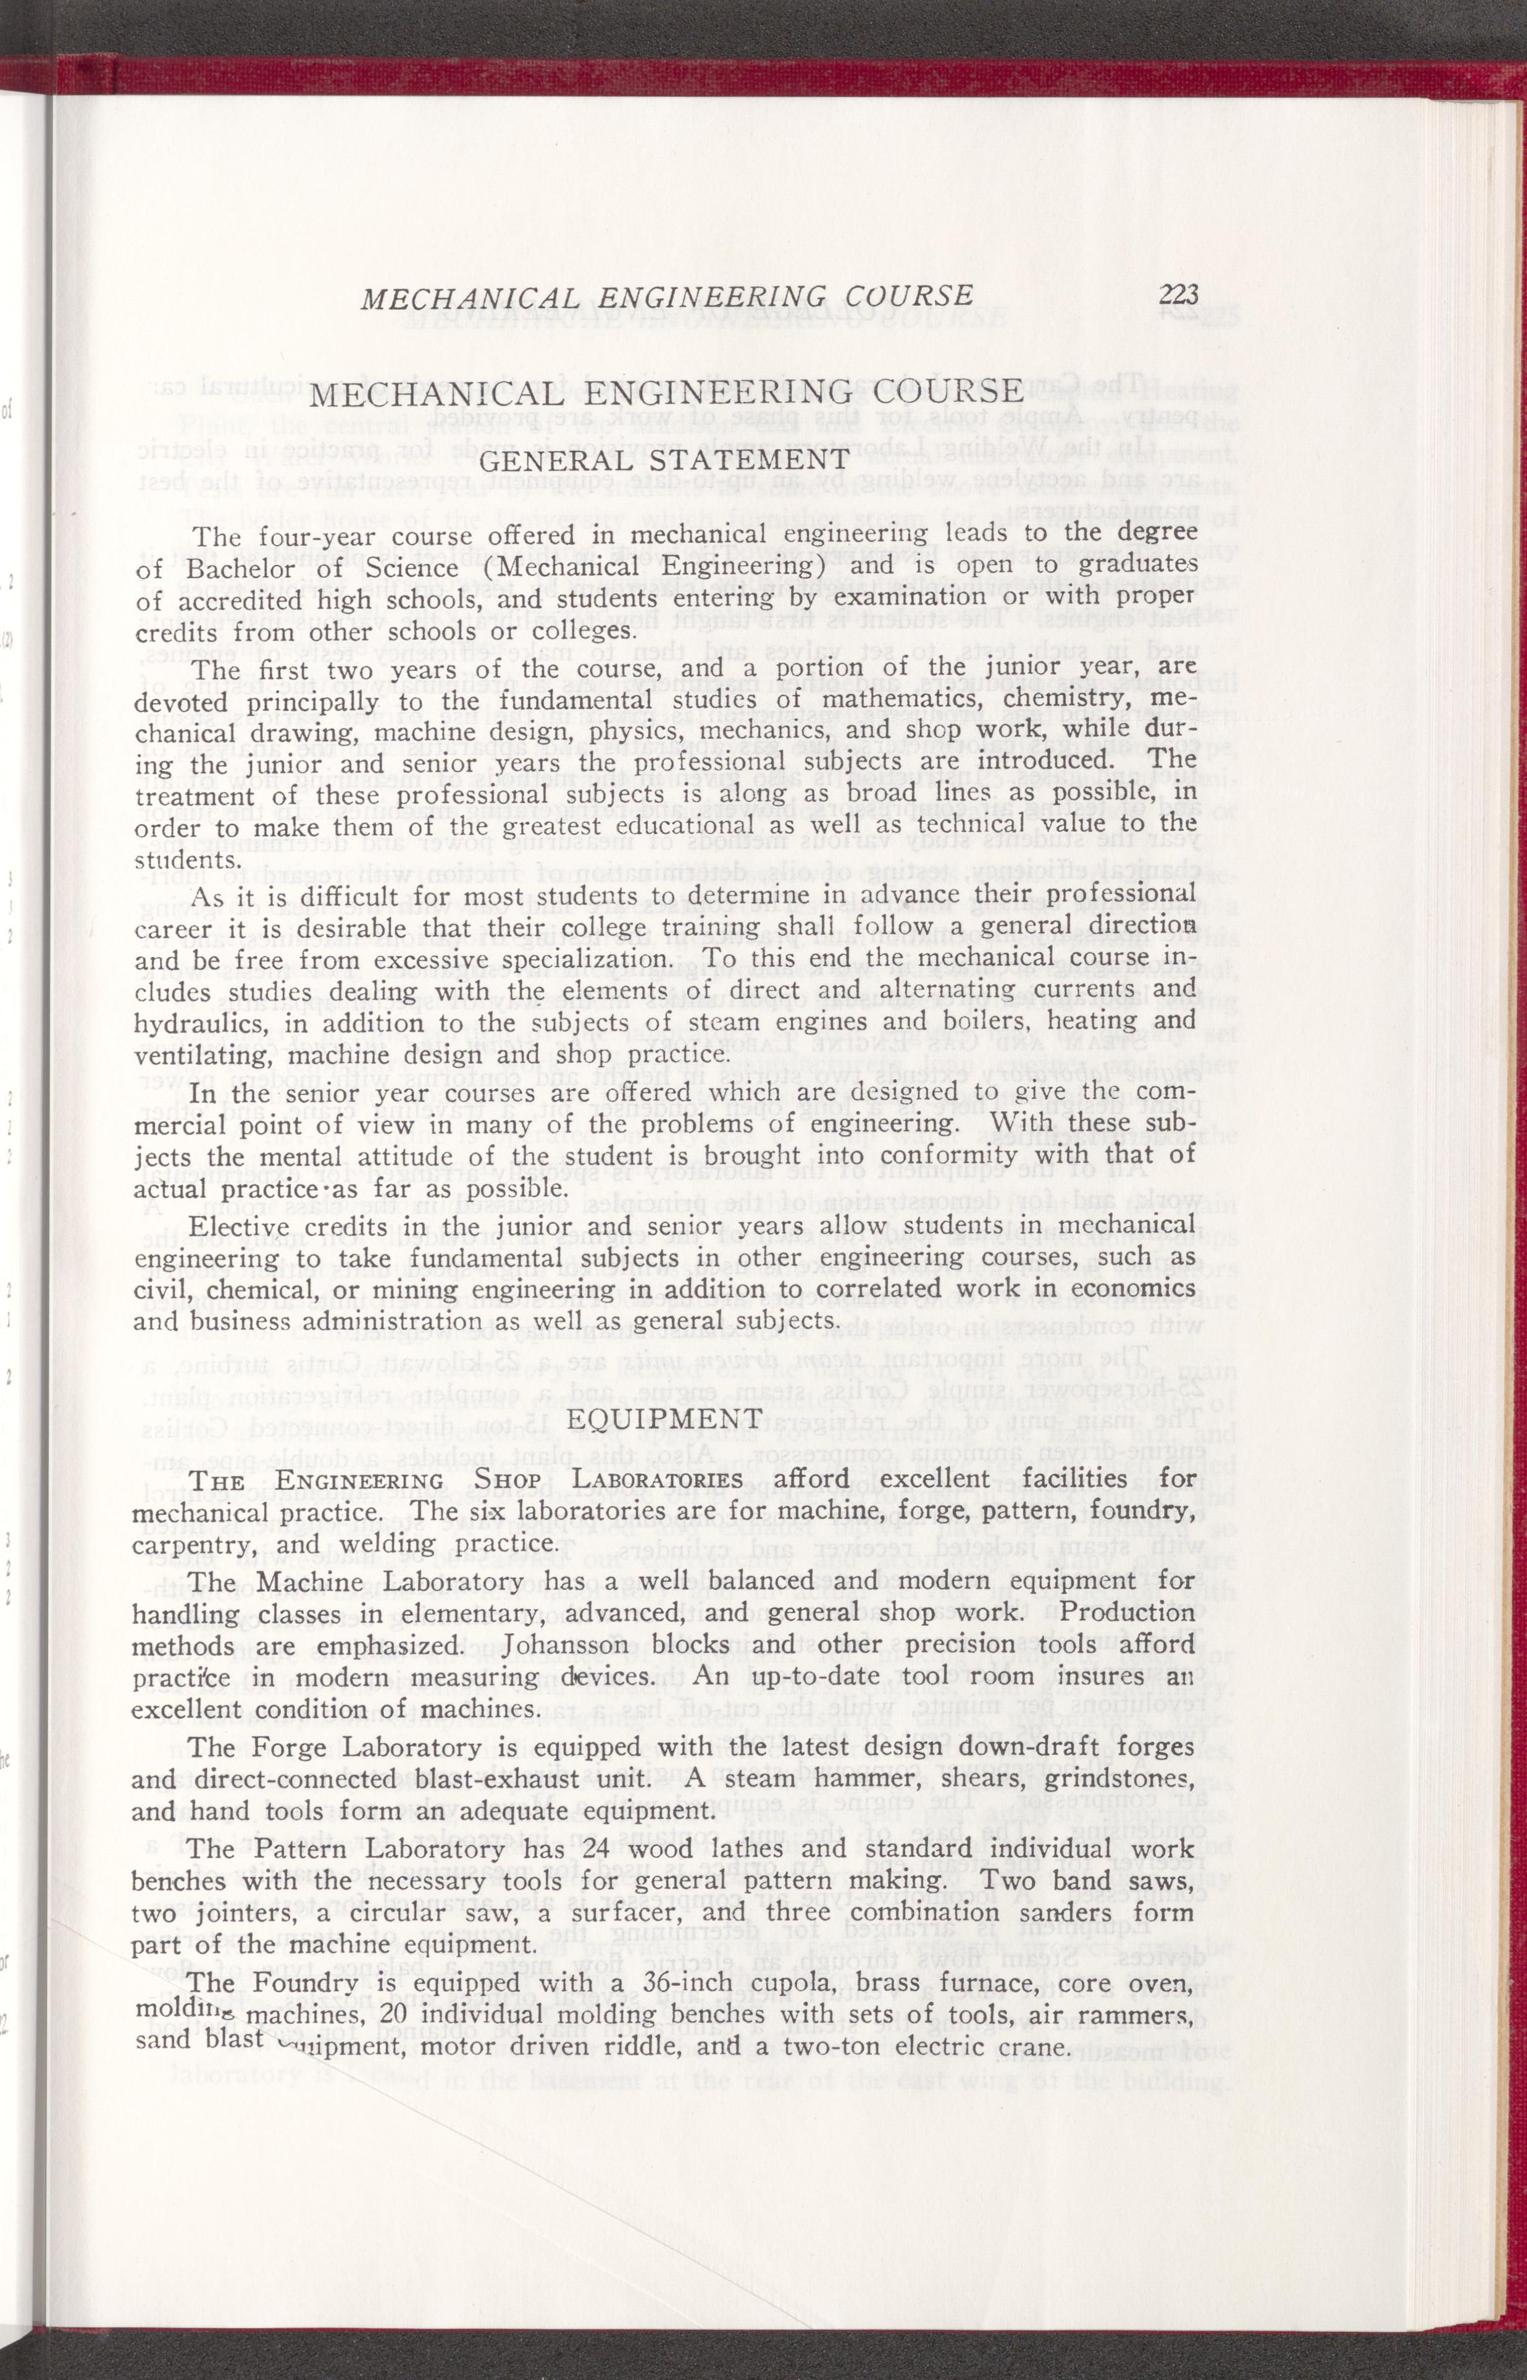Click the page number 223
coord(1178,295)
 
